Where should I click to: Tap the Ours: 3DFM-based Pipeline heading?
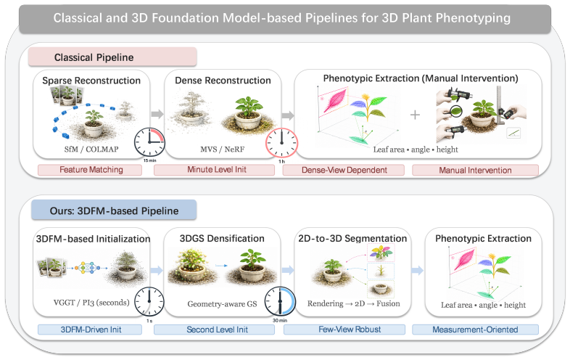coord(114,210)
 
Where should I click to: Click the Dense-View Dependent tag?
coord(344,170)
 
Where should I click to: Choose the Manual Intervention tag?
coord(475,170)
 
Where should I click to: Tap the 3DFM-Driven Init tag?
coord(90,330)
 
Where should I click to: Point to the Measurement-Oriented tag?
coord(475,330)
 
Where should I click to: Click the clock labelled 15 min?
coord(149,143)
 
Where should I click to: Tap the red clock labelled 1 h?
coord(281,143)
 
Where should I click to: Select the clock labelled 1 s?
coord(149,302)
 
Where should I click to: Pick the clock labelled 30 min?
coord(280,302)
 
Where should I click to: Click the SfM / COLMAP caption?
coord(91,149)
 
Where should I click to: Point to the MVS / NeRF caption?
coord(222,149)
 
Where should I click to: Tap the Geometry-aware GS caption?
coord(222,304)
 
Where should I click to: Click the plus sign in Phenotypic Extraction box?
coord(415,115)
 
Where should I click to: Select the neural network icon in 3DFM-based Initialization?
coord(87,268)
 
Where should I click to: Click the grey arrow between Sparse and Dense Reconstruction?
coord(157,114)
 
